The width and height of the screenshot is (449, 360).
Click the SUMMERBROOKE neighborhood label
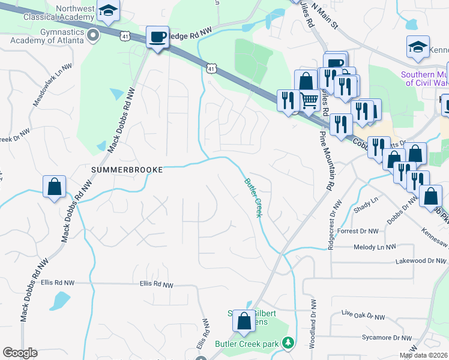coord(127,170)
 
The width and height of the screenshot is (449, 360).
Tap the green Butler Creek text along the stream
coord(253,197)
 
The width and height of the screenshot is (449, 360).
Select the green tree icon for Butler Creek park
coord(289,343)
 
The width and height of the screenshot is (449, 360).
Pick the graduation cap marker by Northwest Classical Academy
coord(108,11)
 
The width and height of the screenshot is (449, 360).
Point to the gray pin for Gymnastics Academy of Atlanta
coord(92,37)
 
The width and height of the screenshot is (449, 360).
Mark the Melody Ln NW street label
coord(375,247)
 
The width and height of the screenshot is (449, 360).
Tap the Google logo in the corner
coord(20,353)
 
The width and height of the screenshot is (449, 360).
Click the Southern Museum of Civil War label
coord(424,79)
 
